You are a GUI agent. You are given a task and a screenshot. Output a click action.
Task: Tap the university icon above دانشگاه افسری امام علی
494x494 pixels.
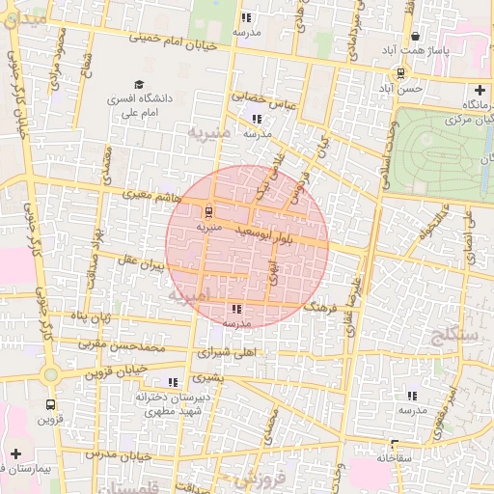(x=139, y=85)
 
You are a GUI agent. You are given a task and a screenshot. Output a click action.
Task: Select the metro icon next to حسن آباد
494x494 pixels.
(x=400, y=73)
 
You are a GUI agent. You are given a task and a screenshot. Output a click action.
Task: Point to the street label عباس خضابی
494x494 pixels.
(x=261, y=97)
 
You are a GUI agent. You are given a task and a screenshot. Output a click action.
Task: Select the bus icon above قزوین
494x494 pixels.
(x=49, y=405)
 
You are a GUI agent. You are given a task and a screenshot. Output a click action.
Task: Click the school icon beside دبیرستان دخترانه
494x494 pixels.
(x=174, y=382)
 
